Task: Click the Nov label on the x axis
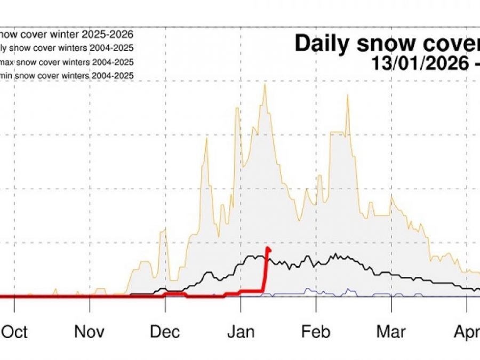tap(89, 332)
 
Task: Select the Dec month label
tap(165, 332)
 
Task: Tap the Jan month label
tap(241, 332)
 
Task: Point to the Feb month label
tap(316, 332)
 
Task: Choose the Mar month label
tap(391, 332)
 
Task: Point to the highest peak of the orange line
tap(264, 84)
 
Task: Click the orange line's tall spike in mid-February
tap(348, 95)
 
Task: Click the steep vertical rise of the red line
tap(265, 272)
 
